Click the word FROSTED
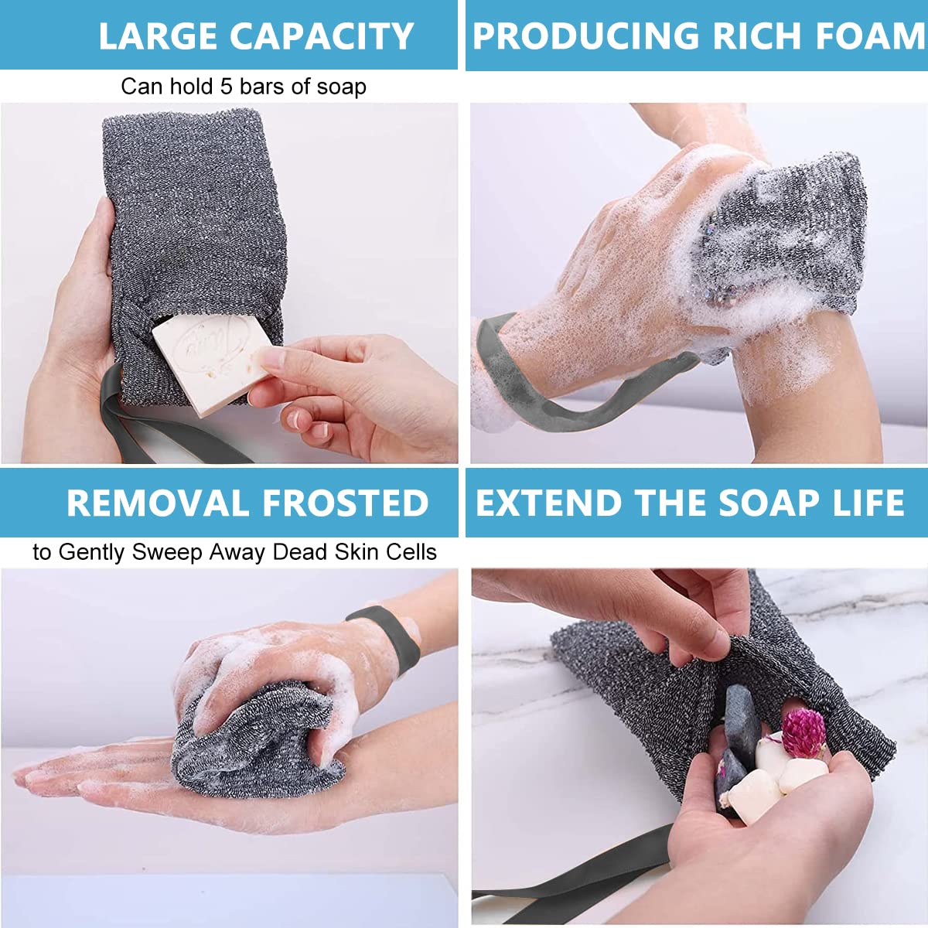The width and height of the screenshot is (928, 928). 346,503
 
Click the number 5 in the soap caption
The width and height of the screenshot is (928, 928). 226,86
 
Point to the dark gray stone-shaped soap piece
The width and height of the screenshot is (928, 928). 742,715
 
